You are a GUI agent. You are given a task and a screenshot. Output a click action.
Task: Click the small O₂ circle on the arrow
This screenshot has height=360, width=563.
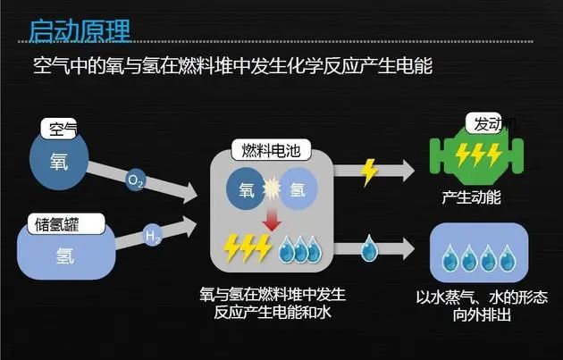tap(137, 181)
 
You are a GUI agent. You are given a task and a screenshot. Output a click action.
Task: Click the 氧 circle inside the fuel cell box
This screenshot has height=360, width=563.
tap(247, 189)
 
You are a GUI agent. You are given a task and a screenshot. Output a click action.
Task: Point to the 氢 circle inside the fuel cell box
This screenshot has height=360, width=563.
tap(298, 189)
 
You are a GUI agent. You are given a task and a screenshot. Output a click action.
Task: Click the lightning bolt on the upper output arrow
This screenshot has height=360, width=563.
tap(369, 170)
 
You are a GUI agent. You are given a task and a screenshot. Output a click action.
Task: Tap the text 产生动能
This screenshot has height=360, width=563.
tap(471, 195)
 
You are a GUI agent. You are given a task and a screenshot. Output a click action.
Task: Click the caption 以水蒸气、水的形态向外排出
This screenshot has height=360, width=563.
tap(482, 306)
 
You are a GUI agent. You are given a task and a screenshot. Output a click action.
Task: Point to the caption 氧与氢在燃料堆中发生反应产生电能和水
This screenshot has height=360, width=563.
tap(273, 303)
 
